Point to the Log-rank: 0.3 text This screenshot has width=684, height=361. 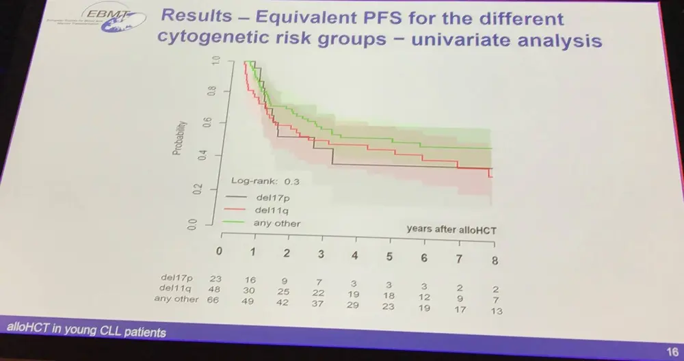266,181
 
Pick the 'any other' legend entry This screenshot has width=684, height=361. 277,223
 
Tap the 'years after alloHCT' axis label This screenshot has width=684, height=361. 451,230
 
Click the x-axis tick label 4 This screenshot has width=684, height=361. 354,255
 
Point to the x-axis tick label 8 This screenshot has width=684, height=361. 495,260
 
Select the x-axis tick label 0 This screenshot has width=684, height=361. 220,251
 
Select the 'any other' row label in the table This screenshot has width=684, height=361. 176,299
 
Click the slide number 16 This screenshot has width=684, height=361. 671,345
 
